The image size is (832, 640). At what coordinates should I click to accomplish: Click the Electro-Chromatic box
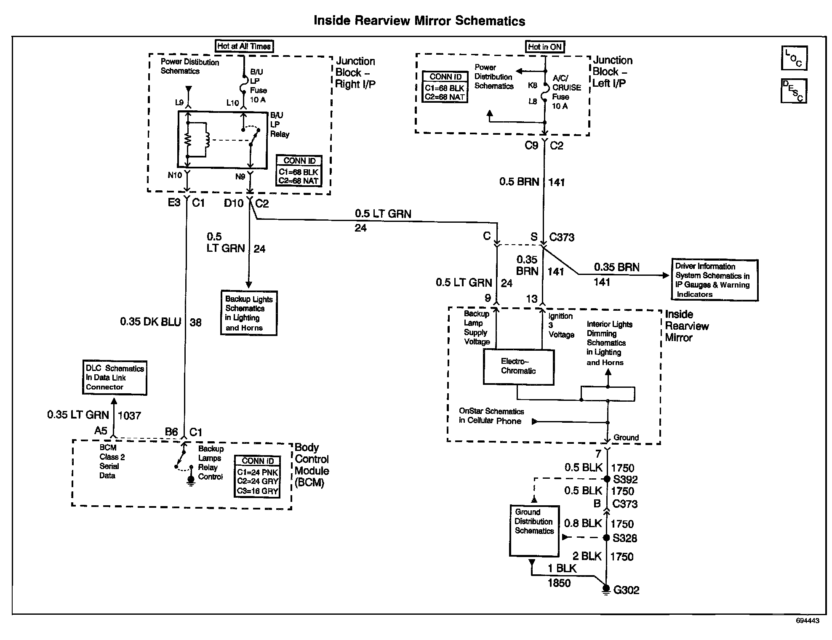tap(518, 367)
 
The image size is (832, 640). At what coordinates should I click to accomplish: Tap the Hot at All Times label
tap(244, 46)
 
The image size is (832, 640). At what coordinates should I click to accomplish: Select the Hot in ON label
tap(545, 47)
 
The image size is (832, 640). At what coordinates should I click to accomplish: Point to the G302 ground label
tap(626, 590)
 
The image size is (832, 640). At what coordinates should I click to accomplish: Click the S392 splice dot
tap(607, 479)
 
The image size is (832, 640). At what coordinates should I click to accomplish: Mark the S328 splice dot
tap(607, 538)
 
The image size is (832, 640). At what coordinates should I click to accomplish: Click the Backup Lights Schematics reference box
tap(249, 313)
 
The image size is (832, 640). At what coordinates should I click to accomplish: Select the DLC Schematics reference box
tap(115, 378)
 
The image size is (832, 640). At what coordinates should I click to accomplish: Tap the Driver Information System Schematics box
tap(714, 280)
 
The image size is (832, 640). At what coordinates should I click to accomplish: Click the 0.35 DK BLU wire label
tap(150, 322)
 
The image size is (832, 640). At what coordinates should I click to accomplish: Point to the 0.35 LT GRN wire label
tap(78, 415)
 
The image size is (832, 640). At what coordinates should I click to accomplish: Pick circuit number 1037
tap(129, 416)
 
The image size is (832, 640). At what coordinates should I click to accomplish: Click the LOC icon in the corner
tap(794, 58)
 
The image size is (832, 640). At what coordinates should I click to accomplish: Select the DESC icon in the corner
tap(794, 91)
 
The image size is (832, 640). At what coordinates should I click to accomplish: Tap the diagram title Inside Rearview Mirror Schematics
tap(419, 21)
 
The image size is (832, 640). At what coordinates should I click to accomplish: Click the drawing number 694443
tap(807, 621)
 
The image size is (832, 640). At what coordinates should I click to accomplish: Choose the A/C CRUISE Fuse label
tap(566, 92)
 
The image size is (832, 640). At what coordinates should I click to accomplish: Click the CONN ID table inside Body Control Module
tap(257, 477)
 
